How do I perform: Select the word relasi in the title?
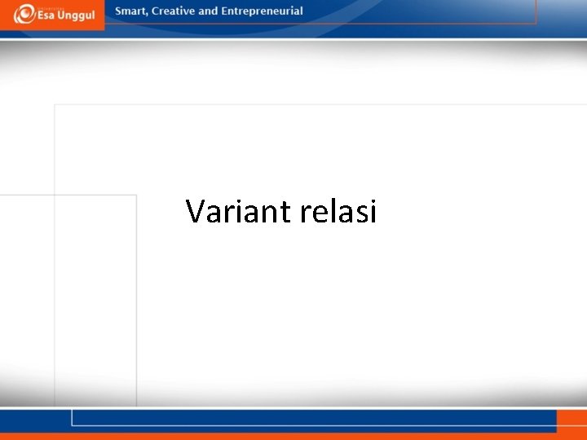pos(338,211)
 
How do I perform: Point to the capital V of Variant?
pos(196,211)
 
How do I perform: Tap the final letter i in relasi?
pos(372,210)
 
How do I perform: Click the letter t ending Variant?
pos(285,212)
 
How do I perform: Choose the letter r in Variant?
pos(227,213)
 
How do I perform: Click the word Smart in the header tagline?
pos(131,11)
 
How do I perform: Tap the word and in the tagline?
pos(209,11)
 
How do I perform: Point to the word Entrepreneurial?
pos(262,11)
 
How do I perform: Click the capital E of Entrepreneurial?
pos(225,11)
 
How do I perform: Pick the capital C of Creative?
pos(155,11)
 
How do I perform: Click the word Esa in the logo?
pos(46,17)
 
